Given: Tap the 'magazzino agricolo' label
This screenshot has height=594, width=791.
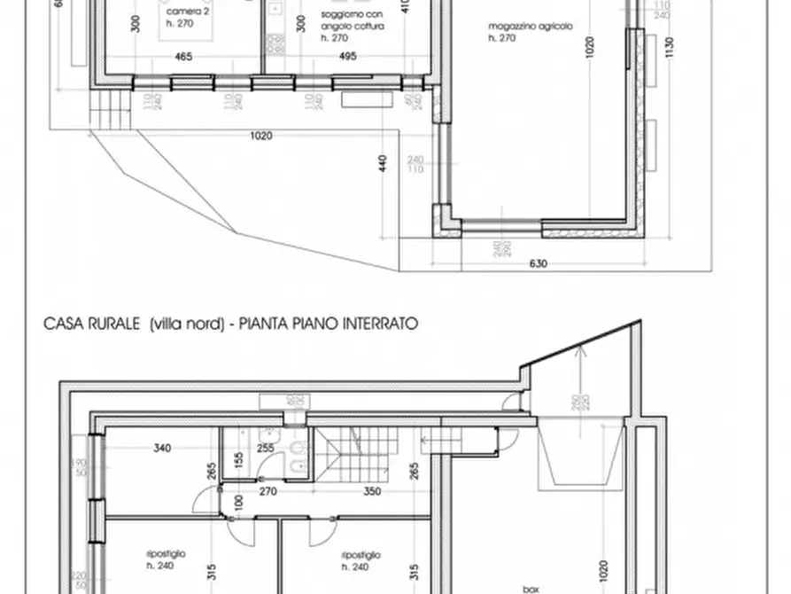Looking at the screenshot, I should click(531, 27).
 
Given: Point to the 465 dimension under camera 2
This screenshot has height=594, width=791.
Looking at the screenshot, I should click(184, 58).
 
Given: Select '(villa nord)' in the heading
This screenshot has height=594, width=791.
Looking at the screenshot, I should click(183, 325).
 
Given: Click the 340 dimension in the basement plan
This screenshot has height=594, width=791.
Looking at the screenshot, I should click(161, 449).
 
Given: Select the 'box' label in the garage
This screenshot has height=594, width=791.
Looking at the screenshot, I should click(531, 588).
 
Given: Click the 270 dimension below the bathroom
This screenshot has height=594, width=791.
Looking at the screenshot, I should click(268, 490).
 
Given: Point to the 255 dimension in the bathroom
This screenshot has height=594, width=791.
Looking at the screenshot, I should click(266, 449).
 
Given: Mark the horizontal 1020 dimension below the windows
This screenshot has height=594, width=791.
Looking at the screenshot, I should click(260, 136).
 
